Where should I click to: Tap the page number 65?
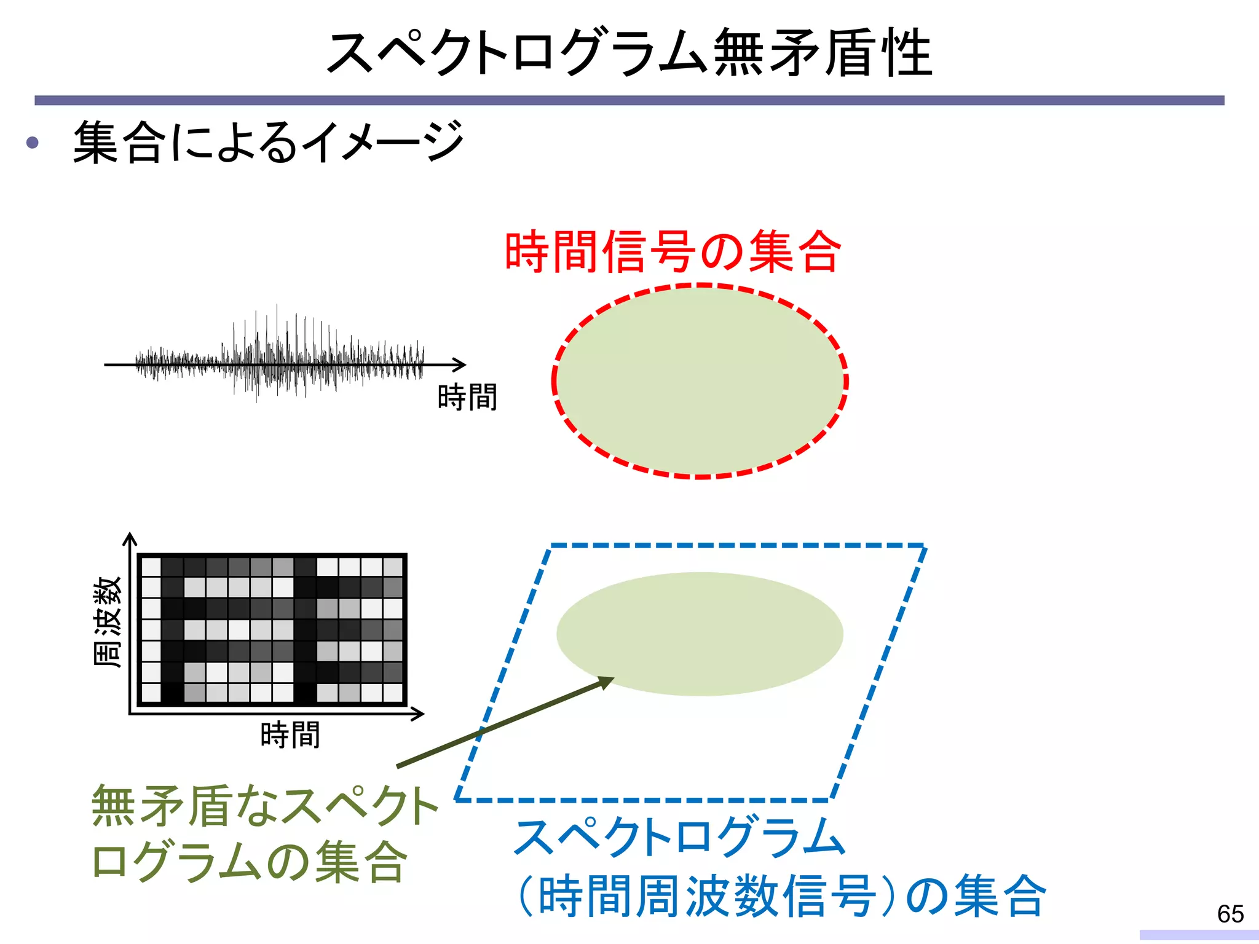pos(1230,914)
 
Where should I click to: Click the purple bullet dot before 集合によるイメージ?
pos(33,143)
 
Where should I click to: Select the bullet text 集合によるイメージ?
pos(268,143)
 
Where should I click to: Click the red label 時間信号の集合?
pos(673,252)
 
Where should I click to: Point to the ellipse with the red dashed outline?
pos(700,381)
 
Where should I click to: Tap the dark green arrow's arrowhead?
pos(606,682)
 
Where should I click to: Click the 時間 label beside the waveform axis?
pos(467,397)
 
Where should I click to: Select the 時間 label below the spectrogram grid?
pos(290,735)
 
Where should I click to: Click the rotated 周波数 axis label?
pos(108,621)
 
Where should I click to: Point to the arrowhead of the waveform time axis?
pos(460,364)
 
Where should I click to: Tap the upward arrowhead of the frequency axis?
pos(130,539)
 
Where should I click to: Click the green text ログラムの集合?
pos(249,862)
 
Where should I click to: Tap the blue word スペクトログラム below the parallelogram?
pos(680,837)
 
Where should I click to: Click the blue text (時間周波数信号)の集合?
pos(781,896)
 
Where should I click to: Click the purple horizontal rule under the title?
pos(629,100)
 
